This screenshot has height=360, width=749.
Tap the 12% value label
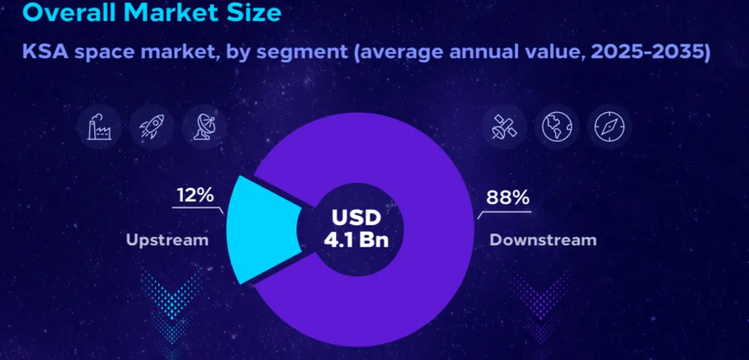pyautogui.click(x=195, y=195)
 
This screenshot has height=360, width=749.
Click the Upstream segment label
pyautogui.click(x=168, y=239)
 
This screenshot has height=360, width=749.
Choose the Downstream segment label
pyautogui.click(x=543, y=239)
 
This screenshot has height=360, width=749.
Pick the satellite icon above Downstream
pyautogui.click(x=504, y=127)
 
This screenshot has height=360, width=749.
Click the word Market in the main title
pyautogui.click(x=179, y=13)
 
